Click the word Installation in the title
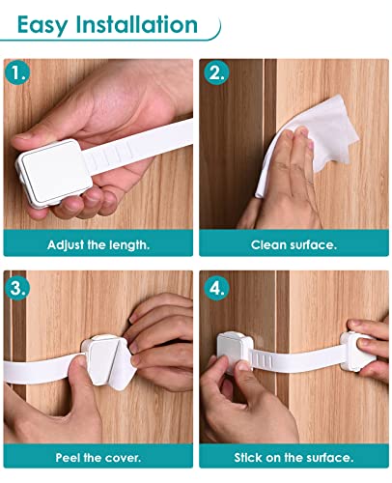click(139, 24)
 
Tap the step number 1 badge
click(17, 71)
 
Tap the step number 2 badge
click(214, 71)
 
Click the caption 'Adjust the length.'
click(99, 244)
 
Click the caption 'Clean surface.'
click(294, 244)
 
